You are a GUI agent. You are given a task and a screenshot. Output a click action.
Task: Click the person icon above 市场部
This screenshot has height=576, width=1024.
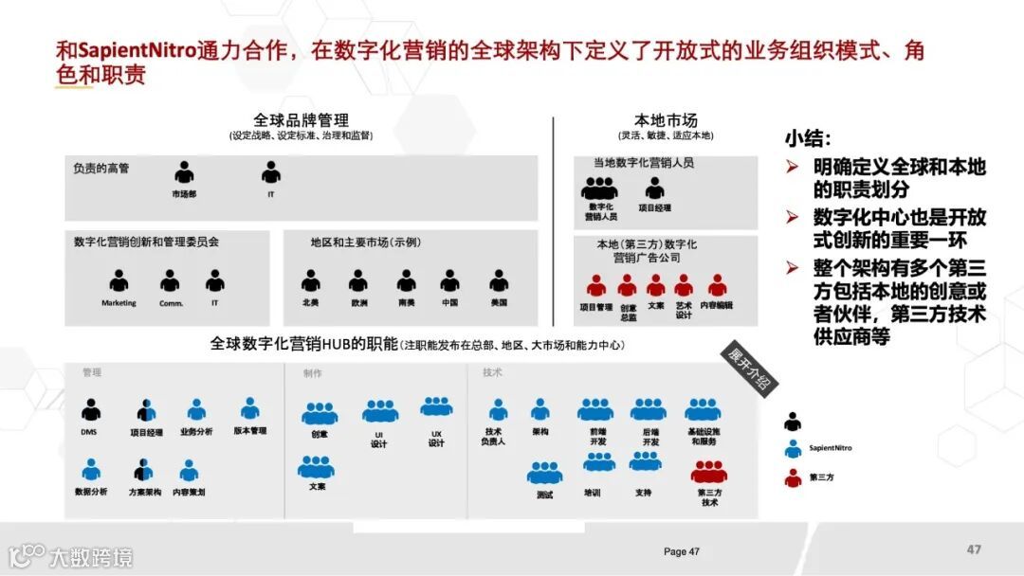(184, 173)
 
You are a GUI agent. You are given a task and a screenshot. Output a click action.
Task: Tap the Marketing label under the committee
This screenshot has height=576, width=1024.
(119, 303)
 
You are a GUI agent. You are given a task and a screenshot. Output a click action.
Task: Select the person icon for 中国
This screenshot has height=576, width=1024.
(450, 281)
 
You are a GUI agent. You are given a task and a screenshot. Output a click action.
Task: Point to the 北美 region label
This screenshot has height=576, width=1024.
(310, 303)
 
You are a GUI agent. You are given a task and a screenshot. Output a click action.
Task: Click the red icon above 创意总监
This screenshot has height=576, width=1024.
(627, 285)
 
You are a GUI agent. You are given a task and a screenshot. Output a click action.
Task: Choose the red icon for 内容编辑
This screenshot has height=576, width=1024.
(717, 285)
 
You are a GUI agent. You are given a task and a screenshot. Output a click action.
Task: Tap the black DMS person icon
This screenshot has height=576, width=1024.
(90, 410)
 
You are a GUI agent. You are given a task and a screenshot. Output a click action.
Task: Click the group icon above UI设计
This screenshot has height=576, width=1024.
(380, 411)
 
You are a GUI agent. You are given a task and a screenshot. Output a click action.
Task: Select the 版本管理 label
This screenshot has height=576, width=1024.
(249, 431)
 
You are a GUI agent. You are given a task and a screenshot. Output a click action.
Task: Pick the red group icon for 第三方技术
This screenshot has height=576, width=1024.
(708, 472)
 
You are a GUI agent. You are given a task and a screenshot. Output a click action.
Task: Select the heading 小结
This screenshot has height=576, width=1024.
(808, 138)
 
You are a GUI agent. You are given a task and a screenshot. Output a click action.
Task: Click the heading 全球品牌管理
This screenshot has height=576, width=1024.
(301, 120)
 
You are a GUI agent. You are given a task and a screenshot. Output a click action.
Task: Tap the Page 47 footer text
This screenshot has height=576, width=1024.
(682, 551)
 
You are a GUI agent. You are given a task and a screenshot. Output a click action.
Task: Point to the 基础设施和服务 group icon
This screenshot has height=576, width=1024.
(703, 410)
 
